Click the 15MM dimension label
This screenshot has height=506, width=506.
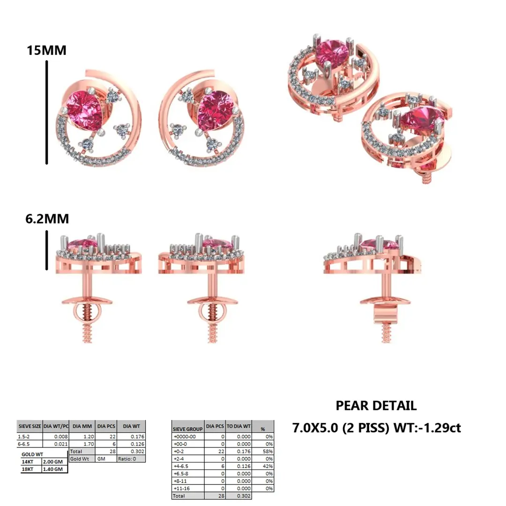(46, 50)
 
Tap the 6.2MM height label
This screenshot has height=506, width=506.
(48, 219)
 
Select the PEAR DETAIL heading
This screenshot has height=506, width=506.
(376, 406)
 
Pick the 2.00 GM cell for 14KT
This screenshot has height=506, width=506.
(55, 461)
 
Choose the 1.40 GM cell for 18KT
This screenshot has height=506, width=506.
(55, 469)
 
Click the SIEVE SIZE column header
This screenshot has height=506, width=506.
(30, 427)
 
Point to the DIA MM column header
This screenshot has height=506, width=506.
(82, 427)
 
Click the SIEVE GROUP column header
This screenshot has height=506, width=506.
(187, 428)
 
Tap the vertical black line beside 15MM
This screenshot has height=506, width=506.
(47, 112)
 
